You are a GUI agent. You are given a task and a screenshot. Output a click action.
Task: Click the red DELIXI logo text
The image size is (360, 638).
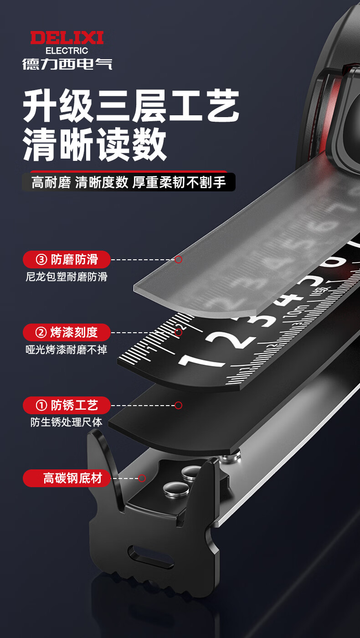pos(67,38)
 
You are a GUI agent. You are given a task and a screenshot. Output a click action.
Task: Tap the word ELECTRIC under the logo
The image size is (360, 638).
pos(67,51)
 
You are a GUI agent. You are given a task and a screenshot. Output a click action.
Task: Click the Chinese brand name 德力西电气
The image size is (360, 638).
pos(67,64)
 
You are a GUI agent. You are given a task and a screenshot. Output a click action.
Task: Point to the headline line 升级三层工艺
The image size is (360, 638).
pos(131,105)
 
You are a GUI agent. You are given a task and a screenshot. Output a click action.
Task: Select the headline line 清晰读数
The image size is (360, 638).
pos(95,144)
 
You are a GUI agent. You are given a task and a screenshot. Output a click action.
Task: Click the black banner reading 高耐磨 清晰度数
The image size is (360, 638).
pos(129,182)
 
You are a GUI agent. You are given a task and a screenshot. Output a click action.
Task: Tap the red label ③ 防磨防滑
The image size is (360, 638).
pos(67,259)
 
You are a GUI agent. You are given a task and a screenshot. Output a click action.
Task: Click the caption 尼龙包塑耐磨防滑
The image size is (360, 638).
pos(67,277)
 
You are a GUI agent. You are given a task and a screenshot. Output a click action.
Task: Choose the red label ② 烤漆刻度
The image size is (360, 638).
pos(67,332)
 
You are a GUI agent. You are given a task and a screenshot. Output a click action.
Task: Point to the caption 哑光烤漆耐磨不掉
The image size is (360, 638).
pos(67,350)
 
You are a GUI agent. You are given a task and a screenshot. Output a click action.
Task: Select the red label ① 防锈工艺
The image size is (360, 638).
pos(67,405)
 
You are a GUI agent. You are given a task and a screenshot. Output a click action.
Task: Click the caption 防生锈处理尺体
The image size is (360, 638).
pos(67,422)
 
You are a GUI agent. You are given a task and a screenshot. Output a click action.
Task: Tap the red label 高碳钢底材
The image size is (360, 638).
pos(67,478)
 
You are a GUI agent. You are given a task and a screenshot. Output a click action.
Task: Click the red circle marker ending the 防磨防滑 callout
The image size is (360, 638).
pos(178,259)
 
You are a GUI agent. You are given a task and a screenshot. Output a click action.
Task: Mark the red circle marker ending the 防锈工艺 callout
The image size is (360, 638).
pos(178,405)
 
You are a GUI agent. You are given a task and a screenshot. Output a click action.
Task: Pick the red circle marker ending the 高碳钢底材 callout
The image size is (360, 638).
pos(142,478)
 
